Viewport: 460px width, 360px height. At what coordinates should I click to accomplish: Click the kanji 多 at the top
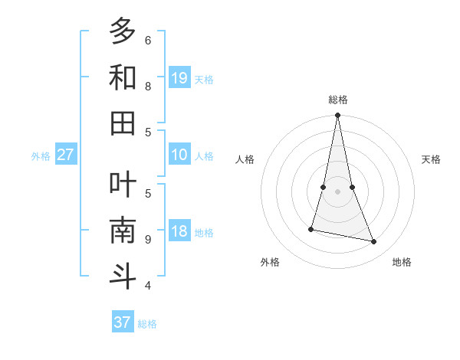click(x=123, y=32)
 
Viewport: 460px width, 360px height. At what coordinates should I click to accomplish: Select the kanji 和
click(x=123, y=77)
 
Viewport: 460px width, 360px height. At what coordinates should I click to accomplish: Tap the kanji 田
click(x=123, y=123)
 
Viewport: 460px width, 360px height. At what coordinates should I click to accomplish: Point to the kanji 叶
click(x=123, y=185)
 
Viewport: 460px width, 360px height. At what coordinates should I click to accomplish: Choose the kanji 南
click(x=123, y=230)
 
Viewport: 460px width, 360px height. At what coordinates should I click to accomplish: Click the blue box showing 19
click(x=179, y=77)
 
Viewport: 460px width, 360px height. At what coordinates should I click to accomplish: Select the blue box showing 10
click(x=179, y=155)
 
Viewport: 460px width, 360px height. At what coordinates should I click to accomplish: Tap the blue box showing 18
click(x=179, y=231)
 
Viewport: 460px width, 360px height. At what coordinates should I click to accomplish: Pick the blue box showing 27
click(x=66, y=155)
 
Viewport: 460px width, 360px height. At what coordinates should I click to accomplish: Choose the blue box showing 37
click(x=123, y=322)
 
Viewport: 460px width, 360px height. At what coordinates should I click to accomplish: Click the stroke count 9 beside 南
click(x=148, y=239)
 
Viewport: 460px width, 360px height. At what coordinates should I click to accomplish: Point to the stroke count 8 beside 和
click(x=148, y=86)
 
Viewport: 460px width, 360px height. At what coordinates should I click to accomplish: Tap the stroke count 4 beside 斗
click(x=148, y=285)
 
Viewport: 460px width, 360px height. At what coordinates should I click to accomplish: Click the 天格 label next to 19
click(x=204, y=79)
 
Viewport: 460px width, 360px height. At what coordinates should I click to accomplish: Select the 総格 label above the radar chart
click(x=337, y=100)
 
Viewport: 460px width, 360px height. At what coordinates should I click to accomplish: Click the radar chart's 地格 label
click(x=402, y=262)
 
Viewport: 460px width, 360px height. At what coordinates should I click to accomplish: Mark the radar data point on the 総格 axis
click(x=337, y=116)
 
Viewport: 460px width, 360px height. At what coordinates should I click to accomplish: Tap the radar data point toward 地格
click(x=374, y=242)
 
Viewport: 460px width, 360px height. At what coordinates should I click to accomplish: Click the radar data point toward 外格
click(x=311, y=229)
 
